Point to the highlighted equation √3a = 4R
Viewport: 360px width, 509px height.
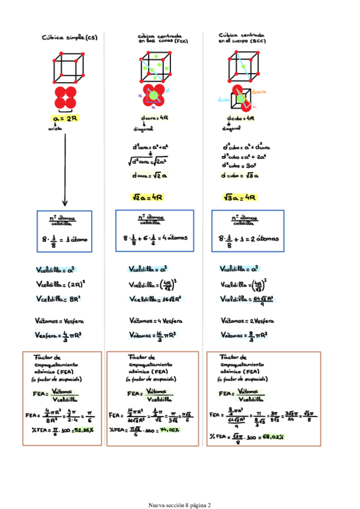pyautogui.click(x=239, y=197)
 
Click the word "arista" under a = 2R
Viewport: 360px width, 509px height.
pyautogui.click(x=56, y=128)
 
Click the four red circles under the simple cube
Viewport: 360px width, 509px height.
pyautogui.click(x=65, y=97)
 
